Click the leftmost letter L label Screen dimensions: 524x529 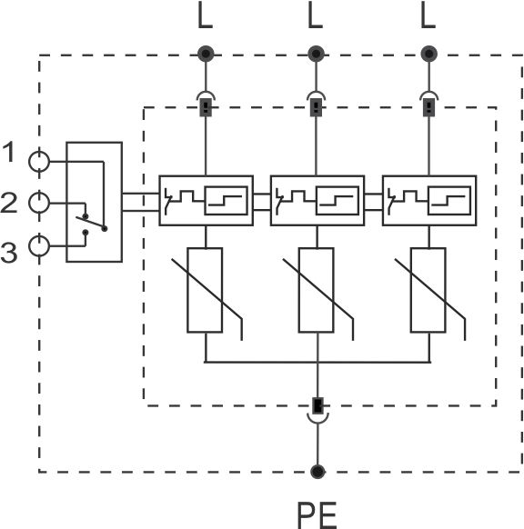(205, 15)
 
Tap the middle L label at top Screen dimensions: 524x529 (316, 15)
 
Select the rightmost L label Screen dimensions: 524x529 (428, 15)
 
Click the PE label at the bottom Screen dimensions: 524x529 (317, 514)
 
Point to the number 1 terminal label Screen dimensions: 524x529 (9, 152)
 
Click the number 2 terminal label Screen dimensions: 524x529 (9, 203)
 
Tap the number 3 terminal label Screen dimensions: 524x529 (9, 253)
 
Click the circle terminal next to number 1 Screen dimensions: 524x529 (39, 162)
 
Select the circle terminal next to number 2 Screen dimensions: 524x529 (39, 203)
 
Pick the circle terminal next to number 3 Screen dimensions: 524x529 (39, 246)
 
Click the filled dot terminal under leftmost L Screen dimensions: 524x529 (206, 54)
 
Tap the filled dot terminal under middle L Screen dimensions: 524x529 (316, 54)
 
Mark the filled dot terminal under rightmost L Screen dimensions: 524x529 (428, 54)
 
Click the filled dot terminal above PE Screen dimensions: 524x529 (317, 472)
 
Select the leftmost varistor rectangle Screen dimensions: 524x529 (205, 290)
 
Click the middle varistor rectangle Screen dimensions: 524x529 (317, 290)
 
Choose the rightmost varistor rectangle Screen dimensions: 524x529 (428, 290)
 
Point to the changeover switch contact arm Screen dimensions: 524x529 (90, 223)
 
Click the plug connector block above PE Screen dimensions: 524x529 (317, 405)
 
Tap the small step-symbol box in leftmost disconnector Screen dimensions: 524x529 (226, 200)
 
